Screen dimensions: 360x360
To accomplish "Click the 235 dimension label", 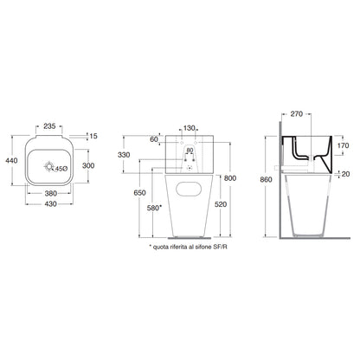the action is [x=49, y=126].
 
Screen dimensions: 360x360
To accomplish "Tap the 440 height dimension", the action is [x=11, y=161].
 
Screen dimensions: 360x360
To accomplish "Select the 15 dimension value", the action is [x=93, y=136].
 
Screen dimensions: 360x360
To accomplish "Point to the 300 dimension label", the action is [x=88, y=165].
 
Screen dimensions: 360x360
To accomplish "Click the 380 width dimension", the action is [x=51, y=193].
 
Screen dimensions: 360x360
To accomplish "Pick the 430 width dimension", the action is [x=51, y=204].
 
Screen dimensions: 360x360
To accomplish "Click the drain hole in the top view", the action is [x=49, y=166].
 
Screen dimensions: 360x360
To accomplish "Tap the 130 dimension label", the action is [x=190, y=128].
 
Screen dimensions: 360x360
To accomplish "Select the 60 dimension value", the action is [x=154, y=139].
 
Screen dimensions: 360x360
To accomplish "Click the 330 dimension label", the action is [x=124, y=155].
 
